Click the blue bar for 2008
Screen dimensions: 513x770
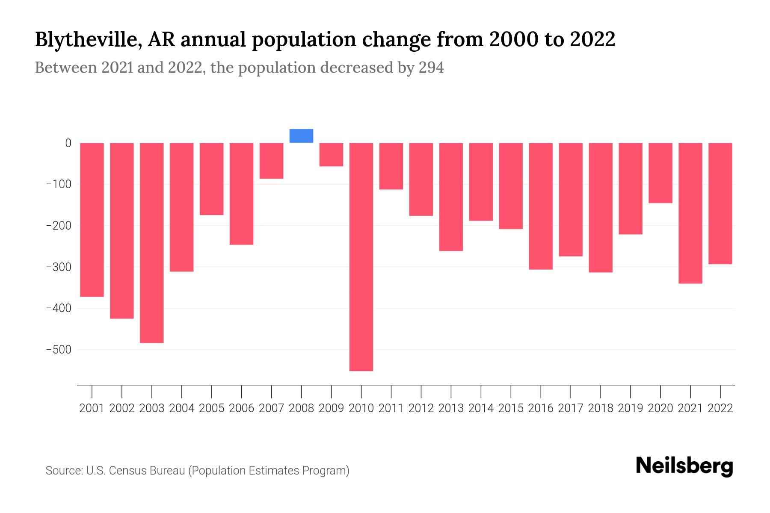tap(301, 136)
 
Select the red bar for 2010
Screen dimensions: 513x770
tap(361, 256)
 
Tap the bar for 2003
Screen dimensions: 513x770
tap(152, 243)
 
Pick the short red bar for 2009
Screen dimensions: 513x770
tap(331, 155)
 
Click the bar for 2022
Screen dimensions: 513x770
tap(720, 203)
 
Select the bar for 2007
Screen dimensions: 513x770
tap(271, 161)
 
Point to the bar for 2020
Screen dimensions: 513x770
tap(660, 173)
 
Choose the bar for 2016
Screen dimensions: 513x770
tap(541, 206)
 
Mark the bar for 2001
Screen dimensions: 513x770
tap(92, 220)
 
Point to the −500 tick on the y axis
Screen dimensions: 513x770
tap(59, 350)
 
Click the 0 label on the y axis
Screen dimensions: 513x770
tap(68, 143)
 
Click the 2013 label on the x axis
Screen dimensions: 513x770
tap(451, 408)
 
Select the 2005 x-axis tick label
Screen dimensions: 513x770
tap(212, 408)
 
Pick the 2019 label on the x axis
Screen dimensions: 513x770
tap(631, 408)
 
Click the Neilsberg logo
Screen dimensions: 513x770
tap(684, 466)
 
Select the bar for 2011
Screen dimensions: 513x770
tap(391, 166)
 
